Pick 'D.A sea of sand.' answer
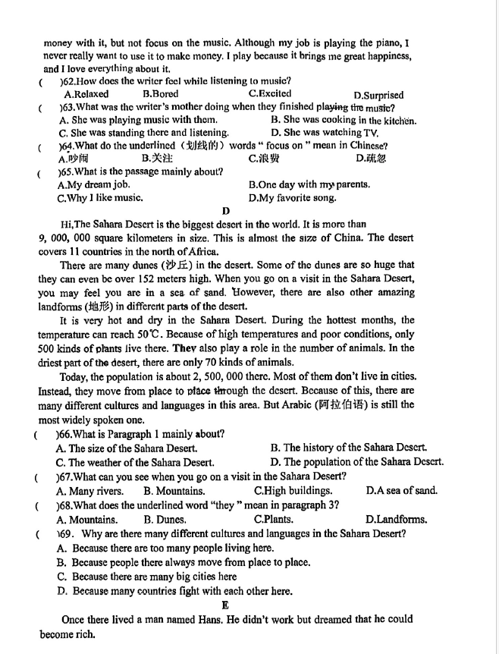click(400, 491)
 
